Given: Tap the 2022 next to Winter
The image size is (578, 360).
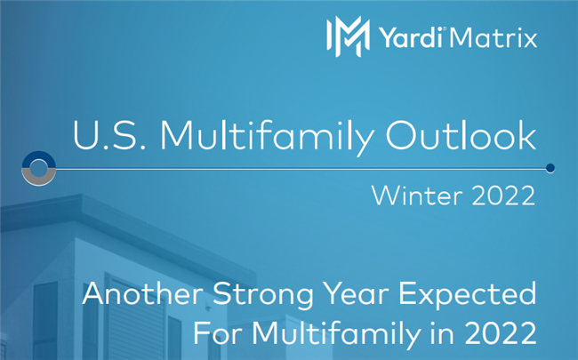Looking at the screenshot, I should (x=504, y=196).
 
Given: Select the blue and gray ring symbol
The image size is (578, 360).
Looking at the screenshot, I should (x=39, y=167).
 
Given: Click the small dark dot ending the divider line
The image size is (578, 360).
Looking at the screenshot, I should (x=550, y=167).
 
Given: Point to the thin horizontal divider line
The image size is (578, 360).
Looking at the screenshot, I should (x=293, y=167).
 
